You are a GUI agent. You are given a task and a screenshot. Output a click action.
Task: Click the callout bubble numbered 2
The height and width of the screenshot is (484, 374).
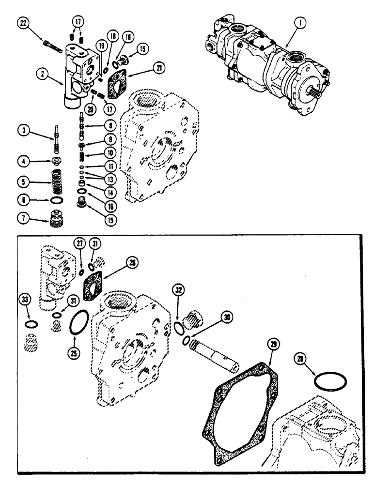(44, 74)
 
